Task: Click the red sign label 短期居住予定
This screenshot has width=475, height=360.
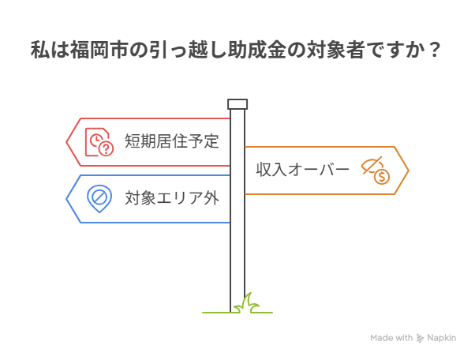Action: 171,142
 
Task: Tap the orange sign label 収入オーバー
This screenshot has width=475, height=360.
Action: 302,170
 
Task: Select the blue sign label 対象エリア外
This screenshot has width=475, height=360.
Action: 171,197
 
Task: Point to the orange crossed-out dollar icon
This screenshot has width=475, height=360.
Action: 376,170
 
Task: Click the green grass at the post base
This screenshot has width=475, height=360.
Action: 246,303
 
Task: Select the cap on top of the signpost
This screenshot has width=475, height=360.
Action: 237,104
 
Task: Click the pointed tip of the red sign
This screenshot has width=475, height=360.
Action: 66,142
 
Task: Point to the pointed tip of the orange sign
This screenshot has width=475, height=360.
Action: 408,170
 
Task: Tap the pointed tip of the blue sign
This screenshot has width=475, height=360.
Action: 66,197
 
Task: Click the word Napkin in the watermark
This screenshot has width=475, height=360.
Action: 443,338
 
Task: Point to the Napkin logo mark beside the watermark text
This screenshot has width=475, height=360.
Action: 421,339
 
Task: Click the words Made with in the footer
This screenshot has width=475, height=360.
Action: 391,338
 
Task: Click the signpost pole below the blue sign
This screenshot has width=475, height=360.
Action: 237,261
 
